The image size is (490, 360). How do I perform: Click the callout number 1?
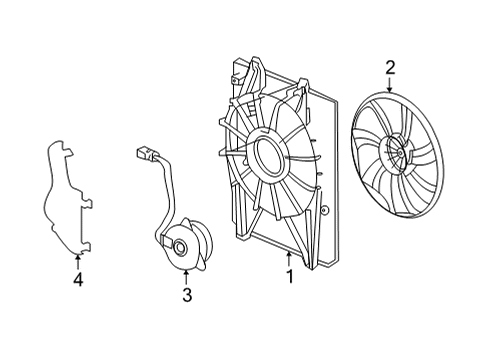coord(290,276)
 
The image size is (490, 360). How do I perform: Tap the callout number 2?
coord(390,68)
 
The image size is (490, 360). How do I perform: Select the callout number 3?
coord(187,295)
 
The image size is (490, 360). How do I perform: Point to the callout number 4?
coord(78,279)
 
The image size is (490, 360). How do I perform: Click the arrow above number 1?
coord(289,259)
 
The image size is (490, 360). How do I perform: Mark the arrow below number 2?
coord(390,84)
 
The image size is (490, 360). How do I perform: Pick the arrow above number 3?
coord(186,278)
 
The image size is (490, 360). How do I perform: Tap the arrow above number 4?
coord(78,262)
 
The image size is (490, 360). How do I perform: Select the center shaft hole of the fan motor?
coord(181,247)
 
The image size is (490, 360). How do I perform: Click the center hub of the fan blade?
coord(398,153)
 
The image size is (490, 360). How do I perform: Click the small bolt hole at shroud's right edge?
coord(324,211)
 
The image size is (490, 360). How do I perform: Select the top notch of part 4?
coord(68,151)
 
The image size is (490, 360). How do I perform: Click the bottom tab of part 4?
coord(86,247)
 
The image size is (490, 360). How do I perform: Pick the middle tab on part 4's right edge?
coord(87,202)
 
